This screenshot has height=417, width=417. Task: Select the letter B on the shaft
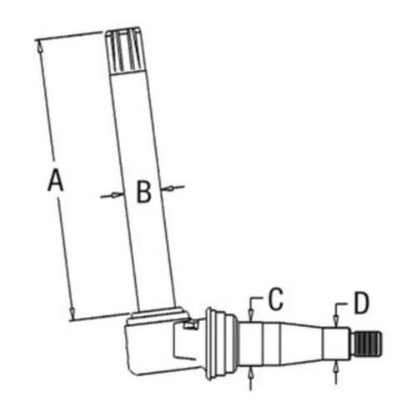tap(143, 193)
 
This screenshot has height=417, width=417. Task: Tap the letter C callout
tap(276, 298)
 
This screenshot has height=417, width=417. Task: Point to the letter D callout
tap(360, 303)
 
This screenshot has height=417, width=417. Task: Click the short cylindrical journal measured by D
tap(340, 343)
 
